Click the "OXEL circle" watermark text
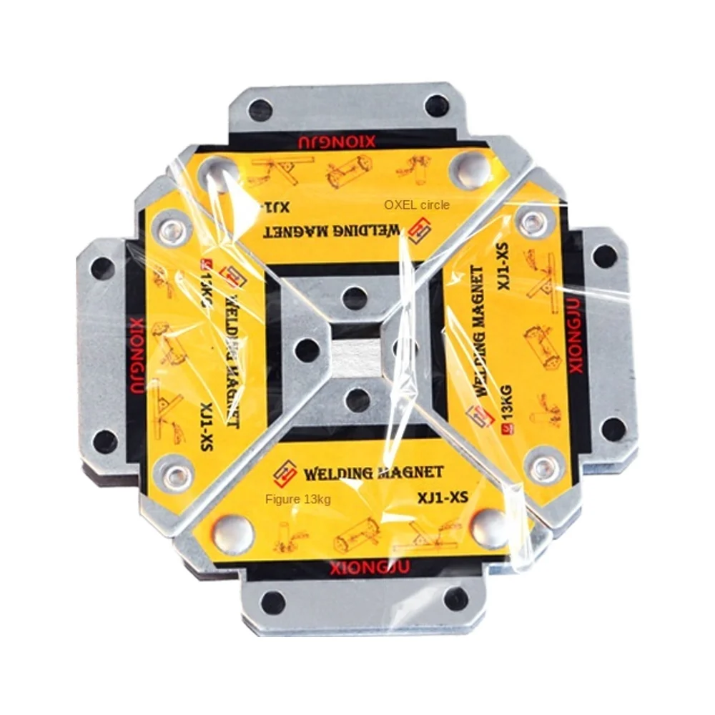pos(417,205)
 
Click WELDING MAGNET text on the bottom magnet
pos(373,473)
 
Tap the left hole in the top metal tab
pos(260,111)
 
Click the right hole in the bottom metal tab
pos(455,599)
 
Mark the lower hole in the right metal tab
pos(613,429)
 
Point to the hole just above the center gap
pos(355,297)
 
